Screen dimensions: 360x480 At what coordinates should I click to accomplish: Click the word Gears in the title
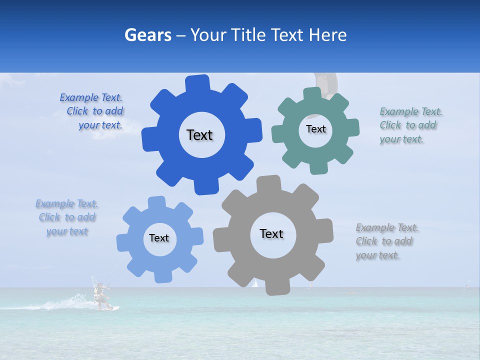point(147,35)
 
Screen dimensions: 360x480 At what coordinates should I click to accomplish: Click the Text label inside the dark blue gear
point(199,135)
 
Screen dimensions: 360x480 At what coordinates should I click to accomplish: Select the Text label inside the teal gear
point(315,129)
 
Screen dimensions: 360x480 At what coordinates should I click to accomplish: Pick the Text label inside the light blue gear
point(159,238)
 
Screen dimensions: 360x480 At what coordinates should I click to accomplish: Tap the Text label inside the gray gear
point(271,233)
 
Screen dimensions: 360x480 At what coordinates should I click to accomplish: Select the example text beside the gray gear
point(386,241)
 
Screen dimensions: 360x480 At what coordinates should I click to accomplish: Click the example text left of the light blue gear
point(66,217)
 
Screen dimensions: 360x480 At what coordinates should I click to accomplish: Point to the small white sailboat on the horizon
point(255,283)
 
